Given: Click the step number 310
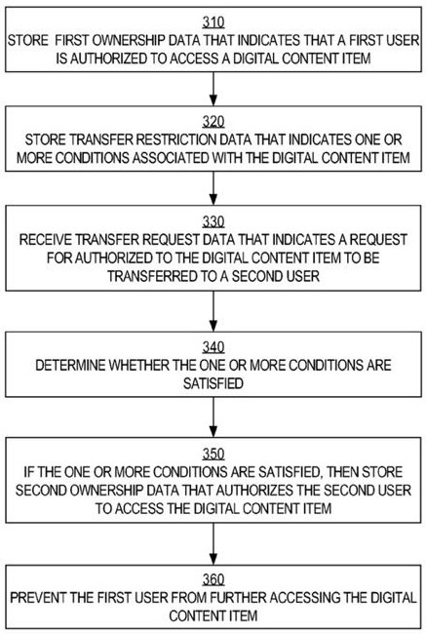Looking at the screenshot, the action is tap(213, 22).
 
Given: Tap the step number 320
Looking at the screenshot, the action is tap(213, 122).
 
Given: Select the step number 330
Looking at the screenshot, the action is tap(213, 221).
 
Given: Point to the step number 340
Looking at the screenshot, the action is tap(213, 347).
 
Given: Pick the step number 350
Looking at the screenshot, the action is tap(213, 454).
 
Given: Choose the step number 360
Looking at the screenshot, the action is tap(213, 579).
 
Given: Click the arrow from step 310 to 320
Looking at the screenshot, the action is tap(213, 89).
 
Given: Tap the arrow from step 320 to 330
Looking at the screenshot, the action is tap(213, 188).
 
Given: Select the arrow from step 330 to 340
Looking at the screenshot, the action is tap(213, 311).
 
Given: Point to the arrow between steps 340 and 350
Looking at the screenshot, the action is tap(213, 416).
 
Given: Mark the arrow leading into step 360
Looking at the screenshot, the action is tap(213, 543).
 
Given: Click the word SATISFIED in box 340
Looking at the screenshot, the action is tap(213, 383).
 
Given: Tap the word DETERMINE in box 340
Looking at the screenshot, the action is tap(71, 365).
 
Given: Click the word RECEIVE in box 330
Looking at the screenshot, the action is tap(46, 239).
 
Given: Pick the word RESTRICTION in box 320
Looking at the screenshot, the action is tap(174, 139).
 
